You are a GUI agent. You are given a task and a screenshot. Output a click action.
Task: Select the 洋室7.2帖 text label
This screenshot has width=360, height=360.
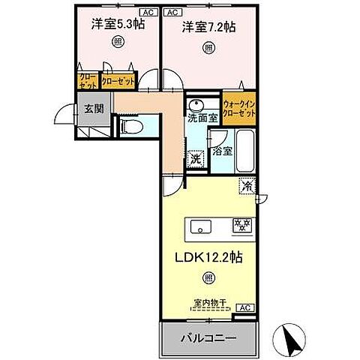point(207,27)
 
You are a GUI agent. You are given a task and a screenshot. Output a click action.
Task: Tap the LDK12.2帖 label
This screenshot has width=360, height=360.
point(208,256)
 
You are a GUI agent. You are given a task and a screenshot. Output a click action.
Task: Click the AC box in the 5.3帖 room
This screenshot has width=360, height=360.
point(147,13)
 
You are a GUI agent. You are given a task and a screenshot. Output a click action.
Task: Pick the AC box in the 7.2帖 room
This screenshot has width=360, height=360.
point(171,13)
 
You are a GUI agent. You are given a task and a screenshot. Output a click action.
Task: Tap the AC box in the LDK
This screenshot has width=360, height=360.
point(244,307)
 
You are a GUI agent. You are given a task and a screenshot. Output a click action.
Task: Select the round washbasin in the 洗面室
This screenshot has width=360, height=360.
point(196,104)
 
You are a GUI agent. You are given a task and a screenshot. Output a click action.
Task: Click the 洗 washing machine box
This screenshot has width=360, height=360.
point(195,158)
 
